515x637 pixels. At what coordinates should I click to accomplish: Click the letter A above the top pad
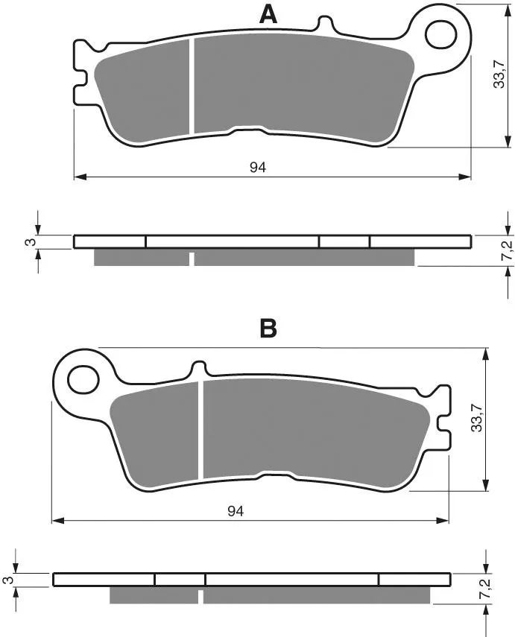click(x=268, y=16)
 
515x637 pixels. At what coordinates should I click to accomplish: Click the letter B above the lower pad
click(x=268, y=329)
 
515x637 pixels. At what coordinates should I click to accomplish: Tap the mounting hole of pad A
click(x=441, y=34)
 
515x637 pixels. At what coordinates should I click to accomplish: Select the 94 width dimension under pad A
click(x=258, y=167)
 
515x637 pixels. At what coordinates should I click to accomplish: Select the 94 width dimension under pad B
click(x=236, y=511)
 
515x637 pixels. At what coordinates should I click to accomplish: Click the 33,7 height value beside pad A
click(x=499, y=74)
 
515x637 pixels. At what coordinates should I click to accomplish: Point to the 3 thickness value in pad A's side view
click(x=31, y=242)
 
